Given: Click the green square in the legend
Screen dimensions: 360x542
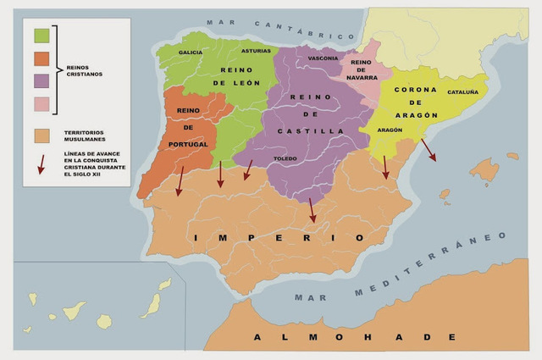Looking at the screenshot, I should click(x=41, y=36).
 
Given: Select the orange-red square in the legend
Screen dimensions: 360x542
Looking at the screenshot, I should click(x=41, y=58).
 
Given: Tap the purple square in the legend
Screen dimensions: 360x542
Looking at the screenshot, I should click(x=41, y=81).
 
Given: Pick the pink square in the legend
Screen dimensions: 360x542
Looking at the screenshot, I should click(x=41, y=104).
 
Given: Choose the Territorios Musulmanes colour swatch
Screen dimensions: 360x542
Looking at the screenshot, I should click(x=41, y=136).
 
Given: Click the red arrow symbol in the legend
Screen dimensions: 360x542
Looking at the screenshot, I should click(x=41, y=163).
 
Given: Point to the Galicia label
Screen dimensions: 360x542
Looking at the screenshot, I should click(x=191, y=53).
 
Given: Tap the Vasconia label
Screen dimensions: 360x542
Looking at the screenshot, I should click(x=323, y=58).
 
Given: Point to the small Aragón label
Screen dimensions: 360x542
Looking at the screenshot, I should click(x=390, y=130).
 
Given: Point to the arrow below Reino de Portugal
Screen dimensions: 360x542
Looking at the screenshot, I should click(x=180, y=180).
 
